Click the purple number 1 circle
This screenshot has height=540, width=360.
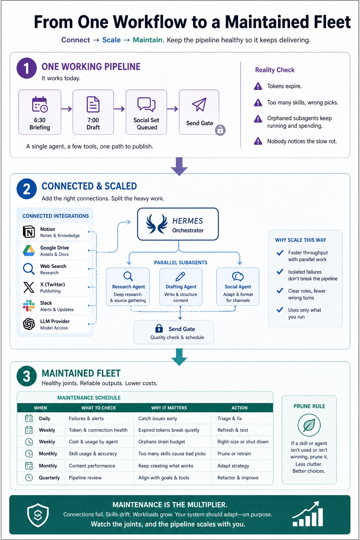[x=26, y=68]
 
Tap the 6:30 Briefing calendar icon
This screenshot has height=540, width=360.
[x=40, y=104]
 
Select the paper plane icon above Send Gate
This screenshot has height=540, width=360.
[x=199, y=104]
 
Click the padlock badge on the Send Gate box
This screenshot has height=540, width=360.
[x=220, y=130]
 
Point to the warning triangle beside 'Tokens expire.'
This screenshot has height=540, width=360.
[x=258, y=86]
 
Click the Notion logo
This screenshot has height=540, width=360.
[x=29, y=232]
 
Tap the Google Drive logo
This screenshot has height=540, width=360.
[x=29, y=250]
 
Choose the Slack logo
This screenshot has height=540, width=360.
[x=29, y=306]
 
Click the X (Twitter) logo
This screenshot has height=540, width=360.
[x=29, y=287]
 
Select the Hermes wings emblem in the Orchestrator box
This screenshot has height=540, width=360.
[x=157, y=224]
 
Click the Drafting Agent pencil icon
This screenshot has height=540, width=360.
[x=180, y=277]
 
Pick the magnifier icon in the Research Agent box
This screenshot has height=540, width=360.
[x=128, y=276]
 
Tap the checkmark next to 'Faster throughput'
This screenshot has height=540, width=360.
[x=280, y=253]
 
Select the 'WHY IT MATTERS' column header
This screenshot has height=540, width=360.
[x=169, y=408]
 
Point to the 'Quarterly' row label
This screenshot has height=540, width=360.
[x=49, y=477]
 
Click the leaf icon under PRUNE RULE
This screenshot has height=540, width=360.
[x=309, y=425]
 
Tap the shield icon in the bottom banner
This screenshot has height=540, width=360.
[x=38, y=515]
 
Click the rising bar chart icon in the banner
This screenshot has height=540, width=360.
[x=308, y=514]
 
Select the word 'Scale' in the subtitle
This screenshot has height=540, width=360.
[x=111, y=40]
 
